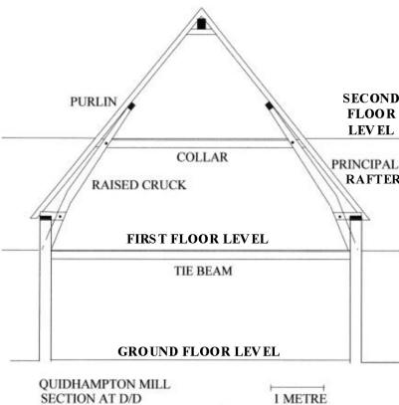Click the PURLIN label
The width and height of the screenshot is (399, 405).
pos(94,101)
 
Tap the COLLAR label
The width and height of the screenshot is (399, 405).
pos(202,157)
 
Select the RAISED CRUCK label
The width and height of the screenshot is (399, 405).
pos(139,185)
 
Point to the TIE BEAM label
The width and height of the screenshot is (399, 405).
pos(203,271)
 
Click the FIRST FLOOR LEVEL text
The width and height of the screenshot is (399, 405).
pos(197,239)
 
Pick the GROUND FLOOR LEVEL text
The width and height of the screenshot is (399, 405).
pos(199,351)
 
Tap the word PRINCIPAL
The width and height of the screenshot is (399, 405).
pos(365,164)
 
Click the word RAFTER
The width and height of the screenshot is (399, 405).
pos(372,179)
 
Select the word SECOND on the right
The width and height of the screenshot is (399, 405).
pos(371,99)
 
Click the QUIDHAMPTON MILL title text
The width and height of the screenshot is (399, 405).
pos(104,384)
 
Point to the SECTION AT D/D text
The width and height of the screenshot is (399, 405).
pos(92,398)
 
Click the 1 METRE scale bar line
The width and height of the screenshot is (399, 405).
pos(298,387)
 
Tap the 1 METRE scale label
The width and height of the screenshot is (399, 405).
pos(300,399)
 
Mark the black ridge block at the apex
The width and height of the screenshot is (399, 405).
pos(201,24)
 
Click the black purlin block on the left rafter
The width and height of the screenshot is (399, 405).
pos(131,106)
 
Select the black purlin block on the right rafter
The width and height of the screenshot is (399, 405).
pos(270,105)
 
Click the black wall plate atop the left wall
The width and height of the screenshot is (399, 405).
pos(46,218)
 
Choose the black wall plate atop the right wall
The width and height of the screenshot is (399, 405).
pos(355,218)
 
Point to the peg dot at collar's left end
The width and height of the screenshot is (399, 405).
pos(105,143)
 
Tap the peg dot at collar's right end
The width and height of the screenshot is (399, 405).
pos(293,142)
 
